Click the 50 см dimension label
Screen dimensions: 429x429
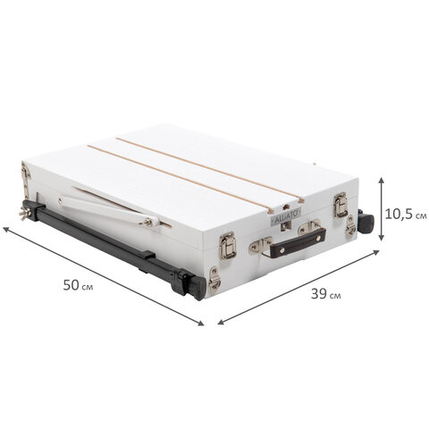click(78, 285)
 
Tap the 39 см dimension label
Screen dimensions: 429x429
click(326, 294)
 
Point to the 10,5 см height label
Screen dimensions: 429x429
click(406, 214)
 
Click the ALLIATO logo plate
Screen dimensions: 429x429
click(286, 214)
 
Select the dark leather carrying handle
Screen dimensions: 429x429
click(298, 242)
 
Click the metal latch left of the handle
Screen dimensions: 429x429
click(228, 247)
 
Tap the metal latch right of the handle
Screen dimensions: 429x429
click(341, 205)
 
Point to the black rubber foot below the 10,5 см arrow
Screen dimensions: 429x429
click(366, 223)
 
